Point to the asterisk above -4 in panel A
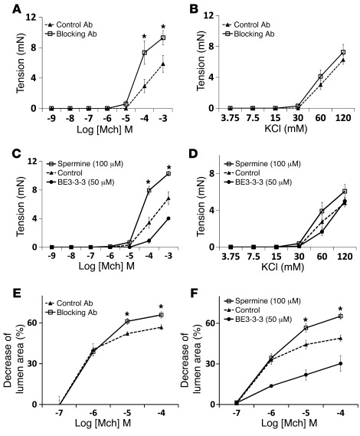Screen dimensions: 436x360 tap(144, 37)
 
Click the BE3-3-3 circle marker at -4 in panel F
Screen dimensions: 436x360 tap(339, 363)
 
